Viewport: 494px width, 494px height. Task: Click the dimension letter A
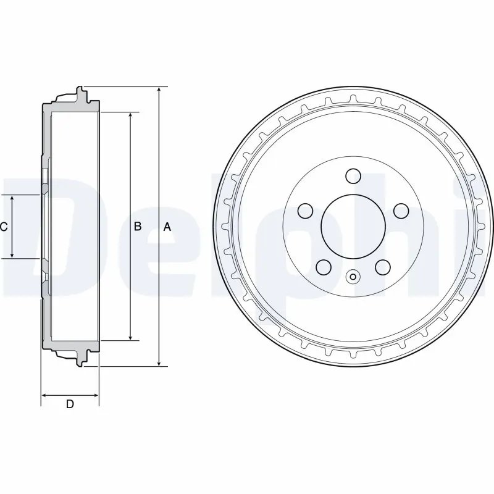click(x=166, y=227)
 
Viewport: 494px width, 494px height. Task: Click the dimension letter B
click(x=138, y=227)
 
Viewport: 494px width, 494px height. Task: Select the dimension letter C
click(x=4, y=227)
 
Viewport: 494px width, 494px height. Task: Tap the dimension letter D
click(x=70, y=404)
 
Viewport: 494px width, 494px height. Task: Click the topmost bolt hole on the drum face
click(x=353, y=177)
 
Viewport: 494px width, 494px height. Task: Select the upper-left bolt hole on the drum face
click(x=304, y=211)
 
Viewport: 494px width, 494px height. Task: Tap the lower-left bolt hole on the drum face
click(x=322, y=267)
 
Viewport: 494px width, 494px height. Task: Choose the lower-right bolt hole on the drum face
click(x=383, y=267)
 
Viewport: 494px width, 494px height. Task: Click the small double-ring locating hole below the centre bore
click(x=353, y=277)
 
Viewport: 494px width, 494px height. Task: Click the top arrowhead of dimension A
click(x=159, y=90)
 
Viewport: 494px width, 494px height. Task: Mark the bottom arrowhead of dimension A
click(x=159, y=362)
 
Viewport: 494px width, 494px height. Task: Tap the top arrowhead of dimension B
click(x=130, y=117)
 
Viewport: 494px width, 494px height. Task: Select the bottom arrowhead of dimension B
click(x=130, y=337)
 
